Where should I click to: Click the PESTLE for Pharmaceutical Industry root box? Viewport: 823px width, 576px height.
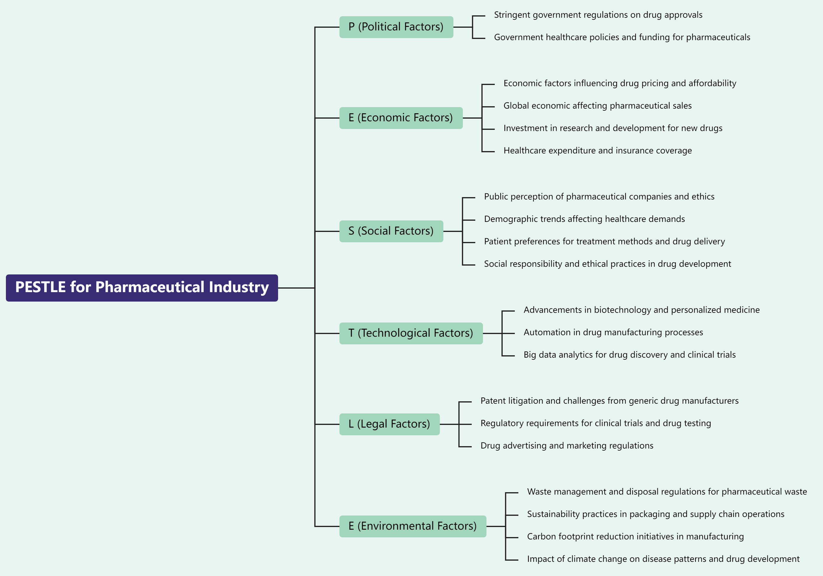[142, 288]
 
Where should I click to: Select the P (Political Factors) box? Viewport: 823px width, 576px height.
[396, 27]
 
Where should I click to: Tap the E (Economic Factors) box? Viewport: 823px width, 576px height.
[401, 118]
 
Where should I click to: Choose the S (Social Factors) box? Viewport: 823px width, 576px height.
[391, 231]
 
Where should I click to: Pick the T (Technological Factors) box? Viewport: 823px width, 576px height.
[411, 333]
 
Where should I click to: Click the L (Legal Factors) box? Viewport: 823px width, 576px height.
[389, 424]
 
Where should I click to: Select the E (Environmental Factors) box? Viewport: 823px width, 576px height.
[413, 526]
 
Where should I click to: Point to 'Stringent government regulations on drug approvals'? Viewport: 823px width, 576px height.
[598, 15]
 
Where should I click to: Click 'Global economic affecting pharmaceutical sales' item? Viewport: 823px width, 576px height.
[597, 106]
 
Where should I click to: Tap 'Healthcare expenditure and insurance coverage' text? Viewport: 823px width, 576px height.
[597, 151]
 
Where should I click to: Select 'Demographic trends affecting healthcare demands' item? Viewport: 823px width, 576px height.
[584, 219]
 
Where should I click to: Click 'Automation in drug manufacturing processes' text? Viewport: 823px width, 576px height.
[613, 333]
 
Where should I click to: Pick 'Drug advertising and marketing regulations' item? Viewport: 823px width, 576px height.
[567, 446]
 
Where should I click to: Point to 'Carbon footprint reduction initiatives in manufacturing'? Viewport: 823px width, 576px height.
[635, 536]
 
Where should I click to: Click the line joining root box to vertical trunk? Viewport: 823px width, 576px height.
[296, 288]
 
